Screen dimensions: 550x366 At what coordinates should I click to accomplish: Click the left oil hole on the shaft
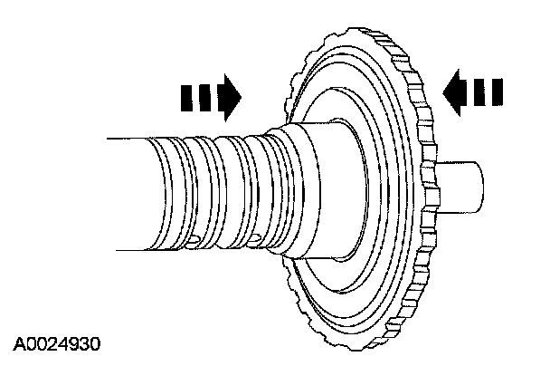193,238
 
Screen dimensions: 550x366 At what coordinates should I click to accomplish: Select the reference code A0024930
57,344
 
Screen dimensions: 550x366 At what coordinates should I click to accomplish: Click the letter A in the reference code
19,344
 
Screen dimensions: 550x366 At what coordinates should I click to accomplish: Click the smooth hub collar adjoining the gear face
312,190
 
